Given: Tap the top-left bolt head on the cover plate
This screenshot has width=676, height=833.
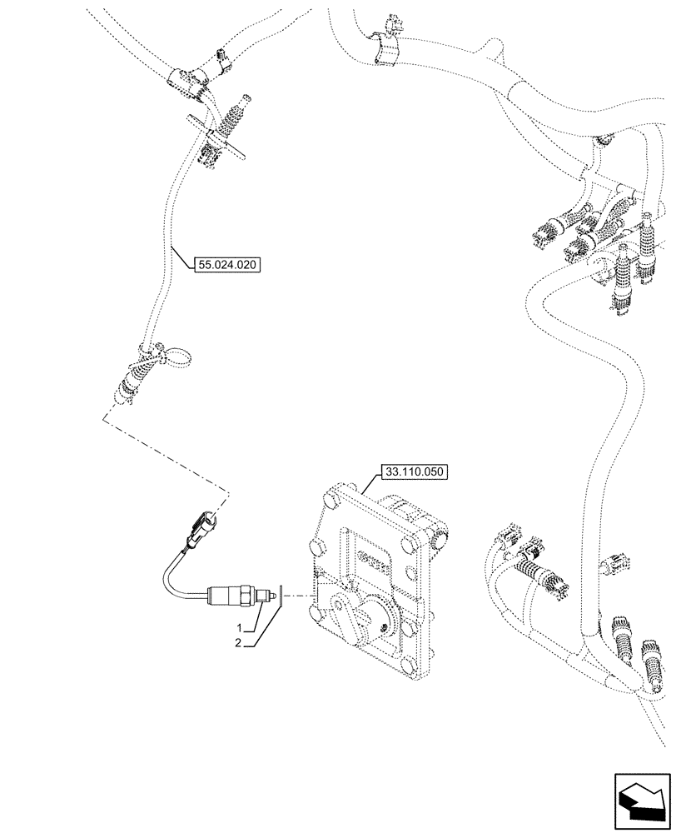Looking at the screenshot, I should pyautogui.click(x=331, y=501).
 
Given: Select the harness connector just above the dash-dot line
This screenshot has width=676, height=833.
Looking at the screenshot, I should pyautogui.click(x=129, y=388).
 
